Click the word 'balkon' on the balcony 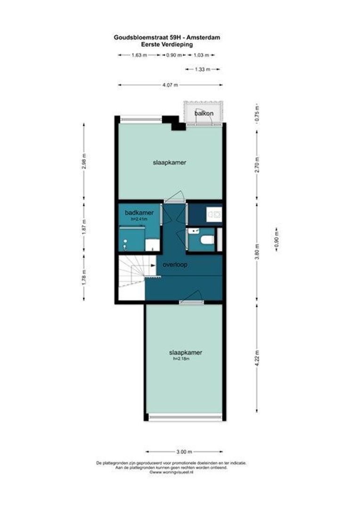click(204, 113)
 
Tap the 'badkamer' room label click(139, 213)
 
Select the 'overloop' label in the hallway click(175, 264)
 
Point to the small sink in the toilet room click(194, 231)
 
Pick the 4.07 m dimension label click(170, 85)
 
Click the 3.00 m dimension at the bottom click(184, 452)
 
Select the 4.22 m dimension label click(257, 359)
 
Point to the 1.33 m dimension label click(203, 69)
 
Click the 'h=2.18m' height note click(181, 359)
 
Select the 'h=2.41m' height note click(139, 219)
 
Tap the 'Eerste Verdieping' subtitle click(167, 44)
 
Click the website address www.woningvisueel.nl click(171, 473)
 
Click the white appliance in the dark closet click(214, 214)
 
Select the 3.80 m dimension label click(257, 252)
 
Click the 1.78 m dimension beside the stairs click(84, 278)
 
